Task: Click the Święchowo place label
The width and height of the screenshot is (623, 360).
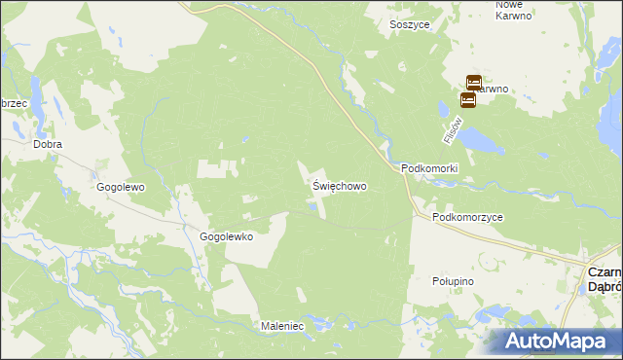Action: tap(340, 185)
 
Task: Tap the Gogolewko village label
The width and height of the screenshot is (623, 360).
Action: tap(226, 236)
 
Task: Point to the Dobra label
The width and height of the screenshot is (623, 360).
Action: tap(47, 144)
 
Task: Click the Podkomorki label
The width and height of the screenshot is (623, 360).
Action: tap(429, 168)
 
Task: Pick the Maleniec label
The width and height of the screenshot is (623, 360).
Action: tap(282, 326)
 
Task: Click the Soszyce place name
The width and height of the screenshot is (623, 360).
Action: tap(408, 24)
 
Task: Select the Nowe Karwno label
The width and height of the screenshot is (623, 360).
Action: tap(513, 10)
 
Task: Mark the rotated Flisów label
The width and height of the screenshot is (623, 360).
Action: tap(450, 130)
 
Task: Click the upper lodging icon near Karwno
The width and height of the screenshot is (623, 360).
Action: tap(473, 83)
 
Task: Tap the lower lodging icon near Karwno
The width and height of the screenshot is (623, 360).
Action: tap(467, 99)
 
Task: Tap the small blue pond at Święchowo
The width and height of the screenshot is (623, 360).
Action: tap(311, 204)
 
